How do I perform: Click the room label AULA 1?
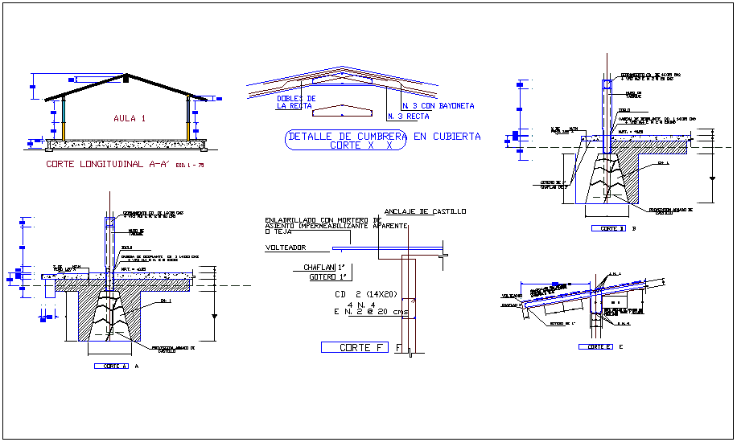point(130,118)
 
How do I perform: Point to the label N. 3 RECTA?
point(407,117)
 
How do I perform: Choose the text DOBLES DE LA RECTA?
point(295,101)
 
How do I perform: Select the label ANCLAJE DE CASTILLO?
point(426,211)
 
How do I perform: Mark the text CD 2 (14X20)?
point(367,294)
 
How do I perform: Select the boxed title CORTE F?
point(354,347)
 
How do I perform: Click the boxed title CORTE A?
point(111,366)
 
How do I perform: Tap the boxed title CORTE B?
point(608,228)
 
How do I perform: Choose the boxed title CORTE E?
point(595,346)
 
